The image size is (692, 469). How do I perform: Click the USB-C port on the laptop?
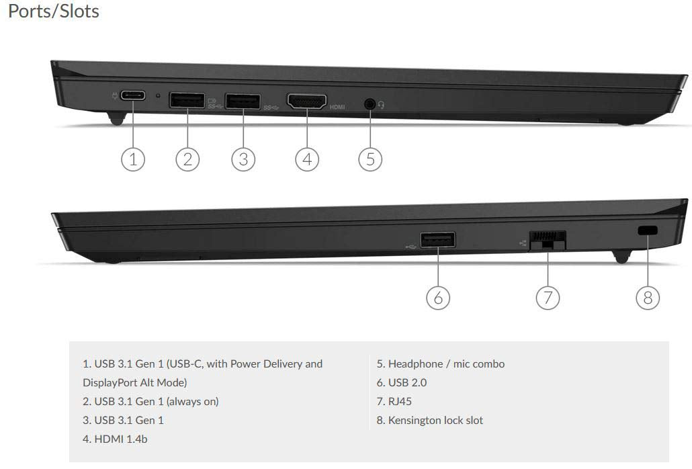(x=133, y=95)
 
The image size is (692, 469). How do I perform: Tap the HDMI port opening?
(x=307, y=101)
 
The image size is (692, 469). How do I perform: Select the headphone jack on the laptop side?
(x=370, y=104)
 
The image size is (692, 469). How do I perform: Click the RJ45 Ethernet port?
(x=548, y=241)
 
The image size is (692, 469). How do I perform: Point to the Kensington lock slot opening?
(x=648, y=230)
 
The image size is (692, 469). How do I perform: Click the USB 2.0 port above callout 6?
(x=438, y=240)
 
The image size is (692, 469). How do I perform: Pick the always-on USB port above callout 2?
(x=187, y=100)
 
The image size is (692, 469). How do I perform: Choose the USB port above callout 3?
(x=243, y=101)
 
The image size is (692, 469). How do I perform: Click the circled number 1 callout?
(x=133, y=159)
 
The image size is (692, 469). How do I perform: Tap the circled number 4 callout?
(x=307, y=159)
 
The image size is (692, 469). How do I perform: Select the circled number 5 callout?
(x=370, y=159)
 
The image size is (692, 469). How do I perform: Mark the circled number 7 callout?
(x=548, y=298)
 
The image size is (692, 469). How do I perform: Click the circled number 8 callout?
(x=648, y=298)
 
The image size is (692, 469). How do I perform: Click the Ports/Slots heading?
(x=53, y=11)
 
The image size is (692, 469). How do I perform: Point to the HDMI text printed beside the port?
(x=337, y=108)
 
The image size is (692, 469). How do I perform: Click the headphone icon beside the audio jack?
(x=382, y=105)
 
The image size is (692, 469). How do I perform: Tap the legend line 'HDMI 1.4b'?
(x=115, y=439)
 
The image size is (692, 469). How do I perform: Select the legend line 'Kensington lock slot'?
(x=430, y=420)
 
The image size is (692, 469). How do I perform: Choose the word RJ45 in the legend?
(x=400, y=402)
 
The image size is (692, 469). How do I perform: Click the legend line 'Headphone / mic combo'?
(x=441, y=364)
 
